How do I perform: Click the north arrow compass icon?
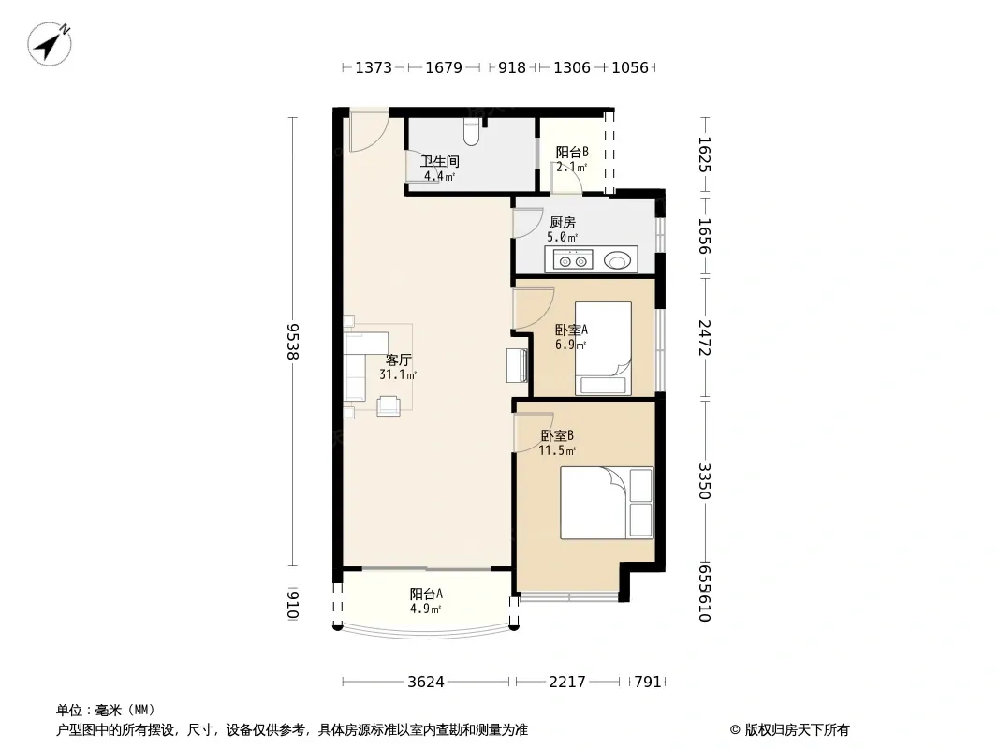tap(49, 43)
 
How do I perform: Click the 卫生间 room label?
tap(439, 162)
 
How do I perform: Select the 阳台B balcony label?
tap(572, 152)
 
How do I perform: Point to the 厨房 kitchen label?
tap(562, 223)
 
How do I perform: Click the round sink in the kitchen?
tap(617, 259)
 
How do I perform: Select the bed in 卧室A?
tap(603, 348)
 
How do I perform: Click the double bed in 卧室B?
tap(607, 503)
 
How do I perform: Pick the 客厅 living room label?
tap(399, 360)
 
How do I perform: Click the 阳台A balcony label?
tap(426, 595)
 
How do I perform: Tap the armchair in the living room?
tap(389, 406)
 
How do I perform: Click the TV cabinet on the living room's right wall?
tap(517, 365)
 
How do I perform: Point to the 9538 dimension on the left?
tap(292, 342)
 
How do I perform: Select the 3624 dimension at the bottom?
tap(426, 683)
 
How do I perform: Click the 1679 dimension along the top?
tap(444, 67)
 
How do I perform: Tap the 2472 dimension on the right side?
tap(704, 338)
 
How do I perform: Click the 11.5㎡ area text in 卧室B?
tap(558, 451)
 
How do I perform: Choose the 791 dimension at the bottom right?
tap(648, 683)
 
